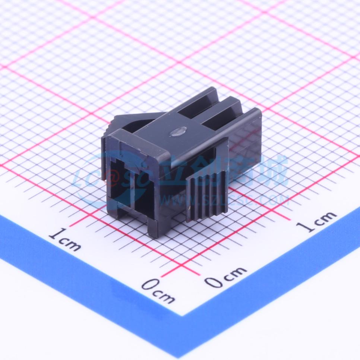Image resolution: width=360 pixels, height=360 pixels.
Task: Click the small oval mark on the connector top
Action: pyautogui.click(x=178, y=131)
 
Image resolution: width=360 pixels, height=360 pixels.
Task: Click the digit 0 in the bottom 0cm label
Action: pyautogui.click(x=148, y=285)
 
